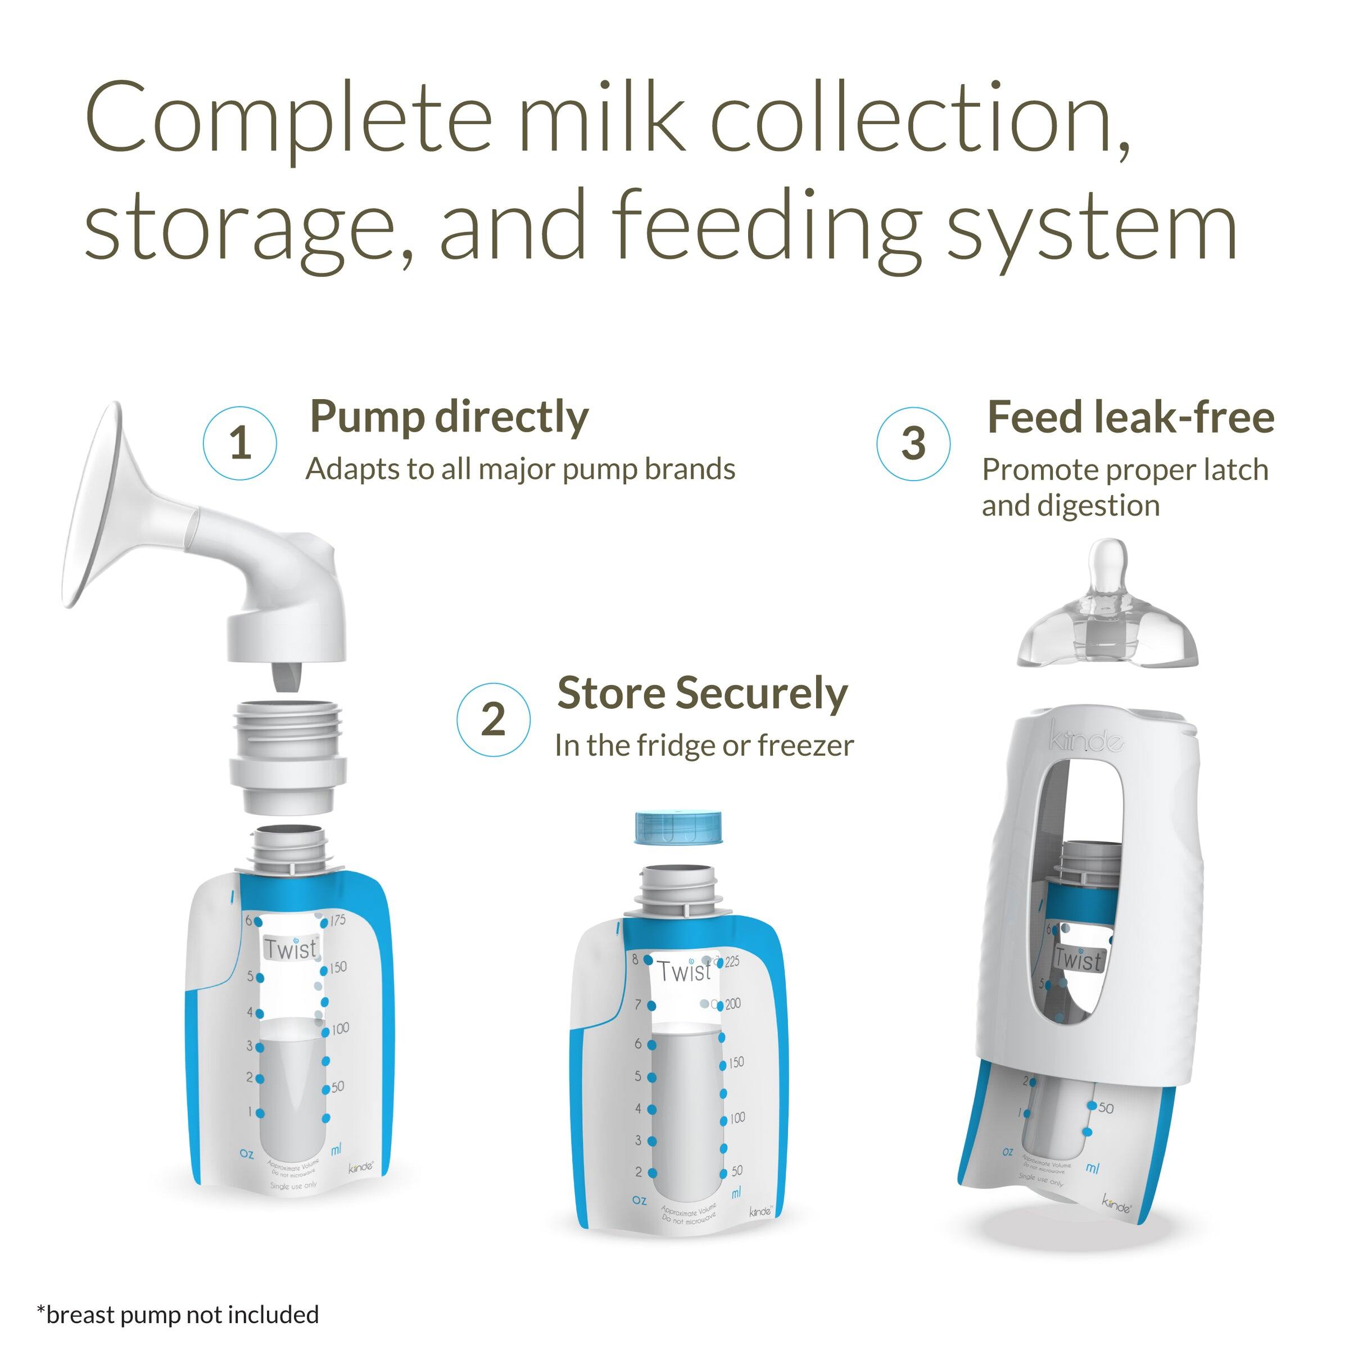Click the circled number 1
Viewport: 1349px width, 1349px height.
tap(239, 443)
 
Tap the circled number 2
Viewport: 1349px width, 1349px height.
tap(493, 719)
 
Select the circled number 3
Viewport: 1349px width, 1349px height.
tap(913, 444)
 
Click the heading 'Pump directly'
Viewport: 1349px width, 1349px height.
tap(449, 418)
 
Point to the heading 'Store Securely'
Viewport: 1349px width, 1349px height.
tap(701, 694)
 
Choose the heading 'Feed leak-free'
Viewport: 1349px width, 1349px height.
tap(1130, 418)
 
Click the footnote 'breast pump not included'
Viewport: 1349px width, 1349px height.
tap(178, 1315)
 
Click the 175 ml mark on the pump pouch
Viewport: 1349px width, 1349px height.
tap(338, 920)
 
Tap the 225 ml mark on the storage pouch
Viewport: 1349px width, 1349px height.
tap(732, 962)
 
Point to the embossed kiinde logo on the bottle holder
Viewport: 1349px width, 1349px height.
tap(1086, 740)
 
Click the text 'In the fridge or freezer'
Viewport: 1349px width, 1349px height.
tap(704, 746)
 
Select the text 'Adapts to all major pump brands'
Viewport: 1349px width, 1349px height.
tap(520, 469)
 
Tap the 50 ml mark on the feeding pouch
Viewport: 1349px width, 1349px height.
tap(1105, 1108)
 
